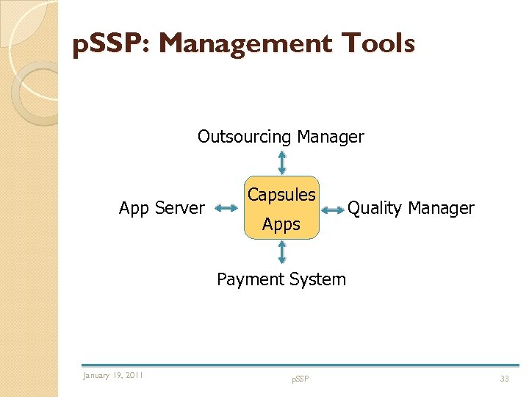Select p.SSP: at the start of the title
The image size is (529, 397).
tap(111, 45)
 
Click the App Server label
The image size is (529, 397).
tap(162, 209)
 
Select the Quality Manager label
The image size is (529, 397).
tap(411, 209)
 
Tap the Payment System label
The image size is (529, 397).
tap(281, 279)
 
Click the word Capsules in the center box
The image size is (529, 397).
tap(281, 196)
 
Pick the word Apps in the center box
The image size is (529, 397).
tap(281, 225)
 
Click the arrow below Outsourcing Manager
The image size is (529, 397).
tap(282, 162)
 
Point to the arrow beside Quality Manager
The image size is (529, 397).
tap(333, 210)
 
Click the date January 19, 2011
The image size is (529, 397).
tap(113, 376)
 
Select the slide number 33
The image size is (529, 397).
tap(504, 379)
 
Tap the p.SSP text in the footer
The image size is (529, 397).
tap(300, 379)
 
